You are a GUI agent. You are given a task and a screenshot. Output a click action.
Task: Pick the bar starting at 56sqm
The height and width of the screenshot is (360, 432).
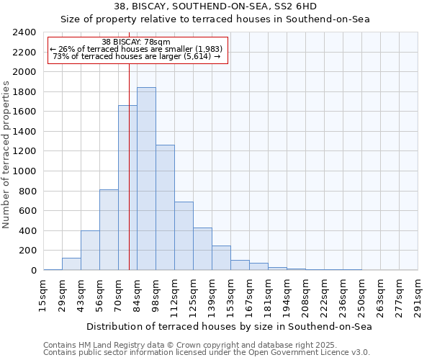(x=109, y=230)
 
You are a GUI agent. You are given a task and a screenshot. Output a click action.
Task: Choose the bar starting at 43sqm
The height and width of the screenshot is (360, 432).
(x=90, y=251)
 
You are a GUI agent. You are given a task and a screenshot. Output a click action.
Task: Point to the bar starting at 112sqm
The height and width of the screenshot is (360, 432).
(x=184, y=236)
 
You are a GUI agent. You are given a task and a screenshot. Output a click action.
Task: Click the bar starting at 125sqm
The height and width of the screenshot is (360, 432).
(x=202, y=249)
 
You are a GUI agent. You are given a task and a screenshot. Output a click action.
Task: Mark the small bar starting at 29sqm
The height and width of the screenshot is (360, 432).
(x=71, y=264)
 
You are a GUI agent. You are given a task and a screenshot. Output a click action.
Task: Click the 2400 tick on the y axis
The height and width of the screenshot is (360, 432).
(x=25, y=32)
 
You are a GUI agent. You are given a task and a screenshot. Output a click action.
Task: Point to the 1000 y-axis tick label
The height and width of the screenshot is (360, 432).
(x=25, y=171)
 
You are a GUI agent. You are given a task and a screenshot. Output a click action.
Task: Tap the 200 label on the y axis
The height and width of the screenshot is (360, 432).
(x=28, y=251)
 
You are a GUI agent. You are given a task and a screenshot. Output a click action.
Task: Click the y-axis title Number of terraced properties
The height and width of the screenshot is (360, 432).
(x=7, y=155)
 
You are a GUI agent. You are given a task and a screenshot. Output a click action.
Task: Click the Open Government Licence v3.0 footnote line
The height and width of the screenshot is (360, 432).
(x=207, y=352)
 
